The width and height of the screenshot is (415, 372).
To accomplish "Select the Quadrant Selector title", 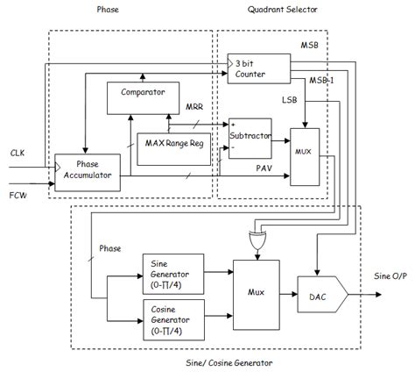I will click(286, 10).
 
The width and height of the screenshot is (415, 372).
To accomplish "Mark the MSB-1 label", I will click(320, 80).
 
